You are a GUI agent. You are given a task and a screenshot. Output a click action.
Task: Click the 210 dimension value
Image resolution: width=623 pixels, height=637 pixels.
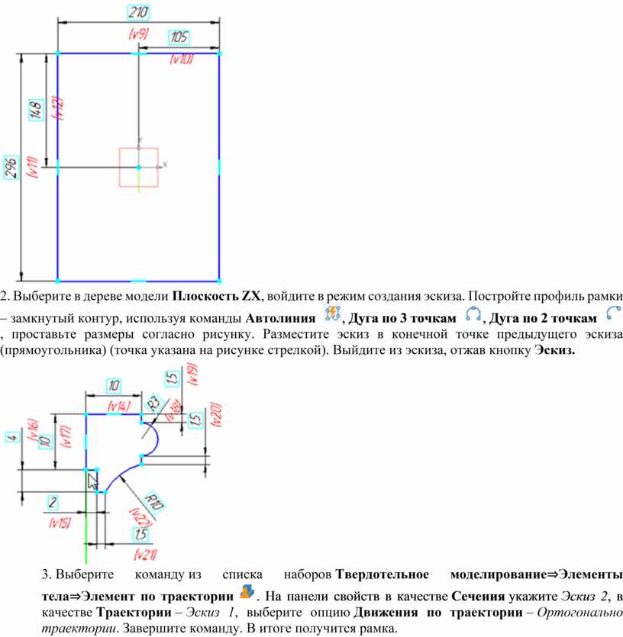138,13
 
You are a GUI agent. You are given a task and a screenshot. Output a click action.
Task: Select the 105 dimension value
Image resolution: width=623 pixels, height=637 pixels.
179,37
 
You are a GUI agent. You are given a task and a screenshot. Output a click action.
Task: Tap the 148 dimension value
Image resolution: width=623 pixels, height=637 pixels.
36,110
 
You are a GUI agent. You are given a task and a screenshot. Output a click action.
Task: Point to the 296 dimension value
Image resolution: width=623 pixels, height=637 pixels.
11,167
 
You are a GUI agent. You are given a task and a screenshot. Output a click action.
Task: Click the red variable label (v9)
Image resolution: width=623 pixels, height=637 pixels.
139,34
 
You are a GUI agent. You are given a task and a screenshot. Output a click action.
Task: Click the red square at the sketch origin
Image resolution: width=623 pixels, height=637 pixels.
139,167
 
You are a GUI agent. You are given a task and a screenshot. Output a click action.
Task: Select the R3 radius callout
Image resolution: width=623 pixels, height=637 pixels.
153,404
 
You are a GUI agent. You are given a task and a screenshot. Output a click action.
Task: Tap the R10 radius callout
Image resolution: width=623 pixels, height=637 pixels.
154,502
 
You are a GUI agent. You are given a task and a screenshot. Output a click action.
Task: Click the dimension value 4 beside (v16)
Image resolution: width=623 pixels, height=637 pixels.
13,438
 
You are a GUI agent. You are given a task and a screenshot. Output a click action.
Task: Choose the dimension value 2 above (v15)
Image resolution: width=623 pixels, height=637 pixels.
53,503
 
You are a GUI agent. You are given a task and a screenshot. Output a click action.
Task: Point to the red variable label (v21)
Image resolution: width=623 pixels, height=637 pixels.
145,554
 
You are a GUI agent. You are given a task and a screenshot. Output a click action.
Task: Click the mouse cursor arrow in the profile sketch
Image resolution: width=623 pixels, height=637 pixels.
93,482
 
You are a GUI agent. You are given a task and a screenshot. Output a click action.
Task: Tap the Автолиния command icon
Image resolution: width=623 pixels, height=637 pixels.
332,314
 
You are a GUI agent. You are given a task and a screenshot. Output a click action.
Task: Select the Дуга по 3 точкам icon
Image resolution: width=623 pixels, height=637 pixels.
473,314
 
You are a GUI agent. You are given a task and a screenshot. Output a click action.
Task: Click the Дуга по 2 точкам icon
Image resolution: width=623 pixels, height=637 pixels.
614,314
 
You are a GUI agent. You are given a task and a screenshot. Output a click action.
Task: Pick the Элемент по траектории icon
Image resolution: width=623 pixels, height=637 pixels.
247,592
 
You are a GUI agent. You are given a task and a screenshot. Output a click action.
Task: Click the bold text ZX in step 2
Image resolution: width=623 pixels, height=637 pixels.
251,296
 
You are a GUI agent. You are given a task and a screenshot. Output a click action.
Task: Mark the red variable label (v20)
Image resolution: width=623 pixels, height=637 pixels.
217,415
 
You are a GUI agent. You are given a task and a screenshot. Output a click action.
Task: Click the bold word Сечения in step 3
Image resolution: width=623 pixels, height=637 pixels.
478,597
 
